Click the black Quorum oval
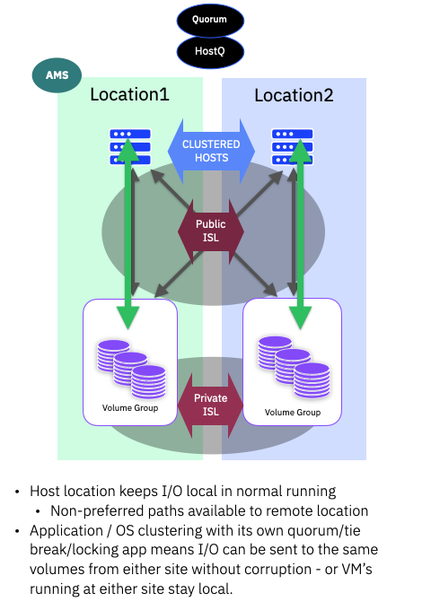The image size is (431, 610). [x=210, y=20]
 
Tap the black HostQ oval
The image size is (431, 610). [x=210, y=52]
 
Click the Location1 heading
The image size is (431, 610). [x=129, y=95]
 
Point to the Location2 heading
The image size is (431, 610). [x=294, y=95]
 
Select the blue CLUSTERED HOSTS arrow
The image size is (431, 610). [x=211, y=151]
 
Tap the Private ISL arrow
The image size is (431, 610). [x=211, y=405]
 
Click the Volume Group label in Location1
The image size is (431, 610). [x=131, y=408]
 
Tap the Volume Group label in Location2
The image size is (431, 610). [x=293, y=412]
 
